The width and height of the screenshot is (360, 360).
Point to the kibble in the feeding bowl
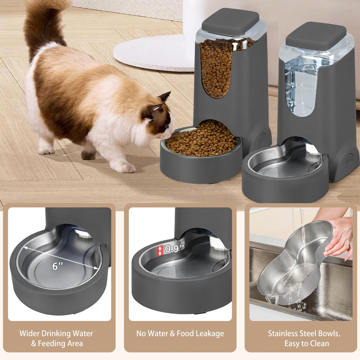[x=202, y=138]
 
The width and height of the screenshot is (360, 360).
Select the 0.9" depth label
[x=175, y=249]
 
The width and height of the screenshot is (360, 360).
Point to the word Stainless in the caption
[x=284, y=334]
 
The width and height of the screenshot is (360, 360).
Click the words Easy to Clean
[x=307, y=343]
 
